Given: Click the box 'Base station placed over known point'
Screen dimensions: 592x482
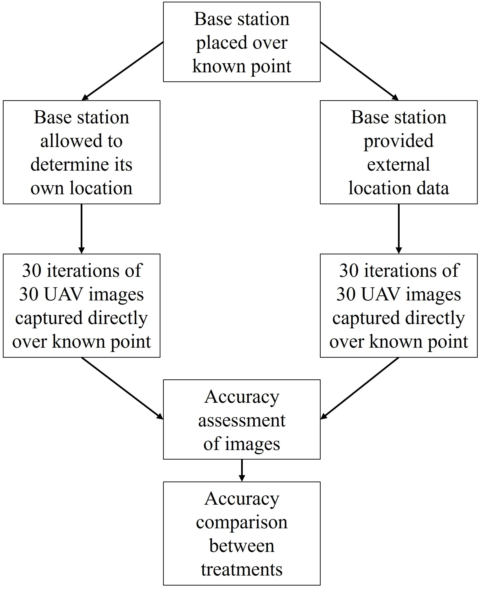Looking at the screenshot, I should (x=242, y=42).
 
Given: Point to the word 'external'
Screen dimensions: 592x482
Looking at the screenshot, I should (x=398, y=164).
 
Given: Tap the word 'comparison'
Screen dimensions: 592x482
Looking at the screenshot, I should (x=242, y=522).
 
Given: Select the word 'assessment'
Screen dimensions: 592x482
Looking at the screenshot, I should (x=242, y=420).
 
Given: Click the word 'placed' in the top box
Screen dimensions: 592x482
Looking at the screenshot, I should (x=218, y=43).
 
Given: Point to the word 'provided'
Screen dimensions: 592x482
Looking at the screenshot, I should (x=398, y=141).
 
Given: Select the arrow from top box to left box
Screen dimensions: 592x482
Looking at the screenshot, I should (x=122, y=71).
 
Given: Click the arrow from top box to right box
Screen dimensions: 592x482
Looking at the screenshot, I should (x=360, y=71).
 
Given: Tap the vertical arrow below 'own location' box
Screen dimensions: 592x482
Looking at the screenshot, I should (x=81, y=229).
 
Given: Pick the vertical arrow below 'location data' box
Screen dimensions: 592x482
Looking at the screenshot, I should (x=398, y=229).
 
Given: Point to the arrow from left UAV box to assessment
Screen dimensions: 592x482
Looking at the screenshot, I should (x=122, y=388).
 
